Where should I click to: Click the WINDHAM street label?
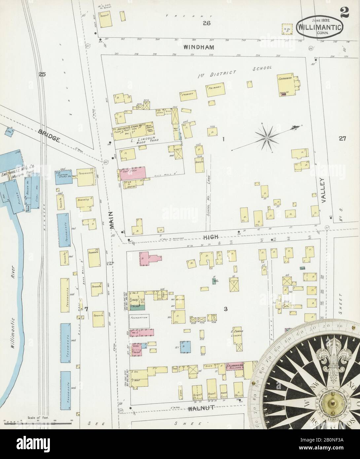click(199, 48)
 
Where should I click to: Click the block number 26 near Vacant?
click(207, 23)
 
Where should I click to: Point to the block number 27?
click(342, 139)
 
